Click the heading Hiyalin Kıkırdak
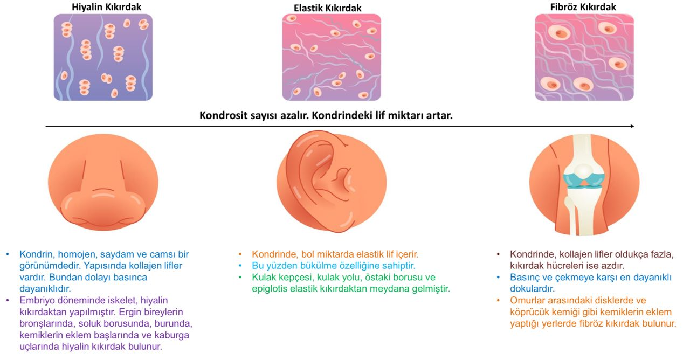coord(107,7)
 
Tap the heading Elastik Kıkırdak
coord(327,8)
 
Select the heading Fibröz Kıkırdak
coord(583,7)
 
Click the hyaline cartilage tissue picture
coord(103,57)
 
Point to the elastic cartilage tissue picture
coord(332,57)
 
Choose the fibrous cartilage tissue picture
coord(584,57)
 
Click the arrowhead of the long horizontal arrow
coord(632,126)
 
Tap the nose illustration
coord(103,182)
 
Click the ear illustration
coord(332,182)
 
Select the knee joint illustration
coord(584,184)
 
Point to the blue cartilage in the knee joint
coord(584,181)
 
